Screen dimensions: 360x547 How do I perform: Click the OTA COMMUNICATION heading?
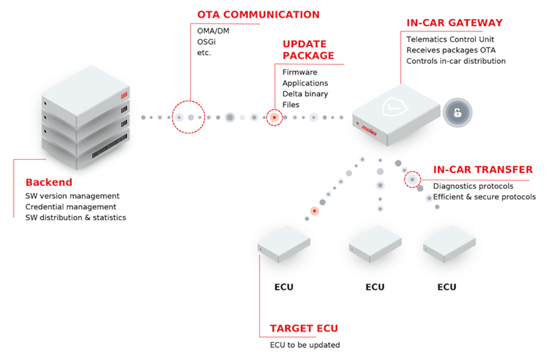258,14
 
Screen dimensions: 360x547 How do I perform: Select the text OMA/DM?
213,31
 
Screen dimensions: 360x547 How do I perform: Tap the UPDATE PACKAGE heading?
308,50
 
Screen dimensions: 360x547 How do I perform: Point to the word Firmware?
300,72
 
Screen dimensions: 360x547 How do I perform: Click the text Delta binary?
305,94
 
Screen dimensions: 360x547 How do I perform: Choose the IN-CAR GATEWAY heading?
454,23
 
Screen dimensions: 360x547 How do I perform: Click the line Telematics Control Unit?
450,39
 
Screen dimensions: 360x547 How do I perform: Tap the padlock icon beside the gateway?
457,112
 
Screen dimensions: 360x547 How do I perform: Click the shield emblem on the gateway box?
395,107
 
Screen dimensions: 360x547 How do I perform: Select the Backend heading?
49,182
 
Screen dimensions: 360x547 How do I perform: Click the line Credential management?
71,207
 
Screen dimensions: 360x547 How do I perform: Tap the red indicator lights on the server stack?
124,96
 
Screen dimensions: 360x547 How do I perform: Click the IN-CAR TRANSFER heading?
483,170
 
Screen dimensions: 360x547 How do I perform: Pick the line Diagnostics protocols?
473,186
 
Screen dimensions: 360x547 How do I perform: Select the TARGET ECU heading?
304,328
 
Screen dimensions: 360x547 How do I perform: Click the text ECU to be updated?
305,345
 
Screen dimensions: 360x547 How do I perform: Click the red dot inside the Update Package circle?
274,117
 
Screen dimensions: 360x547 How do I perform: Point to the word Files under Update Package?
291,105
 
